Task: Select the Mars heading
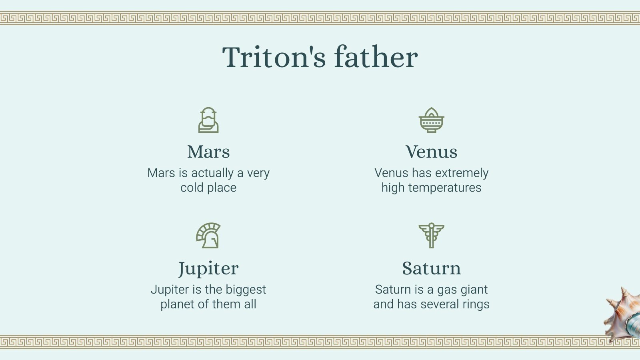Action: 208,152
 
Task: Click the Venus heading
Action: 431,152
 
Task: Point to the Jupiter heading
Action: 208,268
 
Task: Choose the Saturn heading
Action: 431,268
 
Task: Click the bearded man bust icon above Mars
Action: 208,120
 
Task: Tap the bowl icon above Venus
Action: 431,120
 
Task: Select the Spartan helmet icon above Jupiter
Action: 208,235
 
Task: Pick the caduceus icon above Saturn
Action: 431,235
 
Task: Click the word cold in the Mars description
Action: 192,188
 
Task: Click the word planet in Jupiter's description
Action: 177,304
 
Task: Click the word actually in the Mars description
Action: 212,173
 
